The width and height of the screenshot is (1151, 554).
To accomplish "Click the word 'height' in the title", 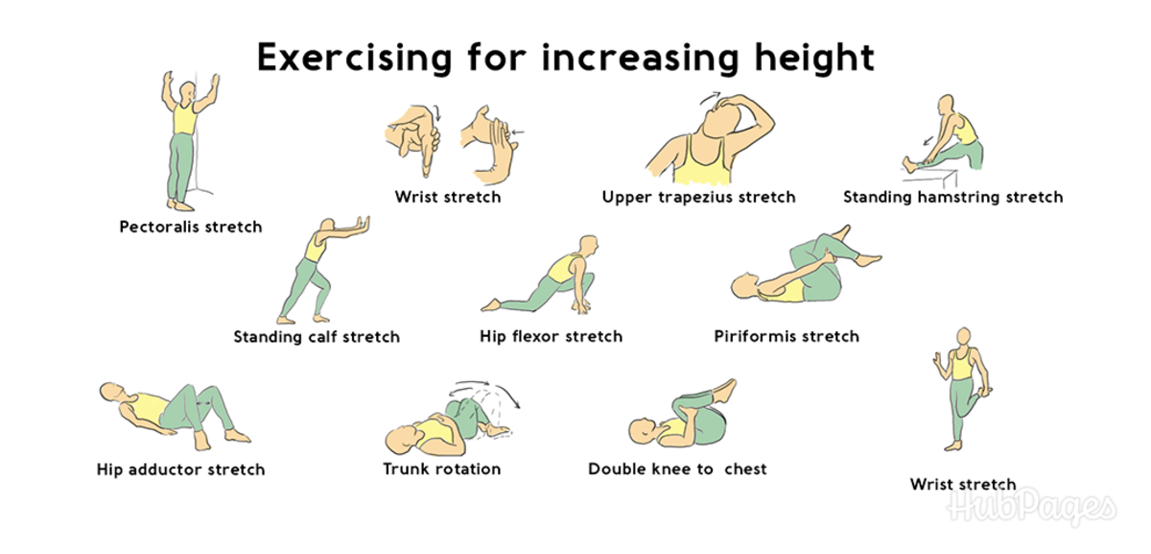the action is (814, 59).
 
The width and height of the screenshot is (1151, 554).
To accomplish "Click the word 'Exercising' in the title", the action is (355, 58).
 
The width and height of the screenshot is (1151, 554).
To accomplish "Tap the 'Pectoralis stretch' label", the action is (191, 227).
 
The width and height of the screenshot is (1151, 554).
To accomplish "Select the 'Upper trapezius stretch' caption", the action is (699, 197).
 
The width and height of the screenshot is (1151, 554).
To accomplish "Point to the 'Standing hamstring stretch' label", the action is (953, 197).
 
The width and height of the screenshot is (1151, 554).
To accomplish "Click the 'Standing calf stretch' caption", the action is (317, 337).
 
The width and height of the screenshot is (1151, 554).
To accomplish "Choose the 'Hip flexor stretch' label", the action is (551, 336).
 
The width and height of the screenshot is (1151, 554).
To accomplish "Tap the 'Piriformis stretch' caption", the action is (787, 336).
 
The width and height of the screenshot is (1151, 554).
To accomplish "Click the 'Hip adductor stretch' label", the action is (181, 470).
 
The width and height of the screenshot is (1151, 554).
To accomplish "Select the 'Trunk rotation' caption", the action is (442, 470).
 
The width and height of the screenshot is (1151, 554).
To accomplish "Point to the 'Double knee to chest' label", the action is (677, 470).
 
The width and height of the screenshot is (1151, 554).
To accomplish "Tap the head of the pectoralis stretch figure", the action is (189, 93).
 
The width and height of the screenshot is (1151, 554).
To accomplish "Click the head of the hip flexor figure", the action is (589, 246).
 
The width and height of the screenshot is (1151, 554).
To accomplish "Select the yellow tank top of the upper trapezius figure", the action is (702, 161).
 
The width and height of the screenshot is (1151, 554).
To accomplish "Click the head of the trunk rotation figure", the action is (403, 441).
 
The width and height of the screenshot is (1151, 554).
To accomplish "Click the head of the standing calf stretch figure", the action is (327, 228).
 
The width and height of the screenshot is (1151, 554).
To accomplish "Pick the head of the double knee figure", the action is (645, 431).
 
